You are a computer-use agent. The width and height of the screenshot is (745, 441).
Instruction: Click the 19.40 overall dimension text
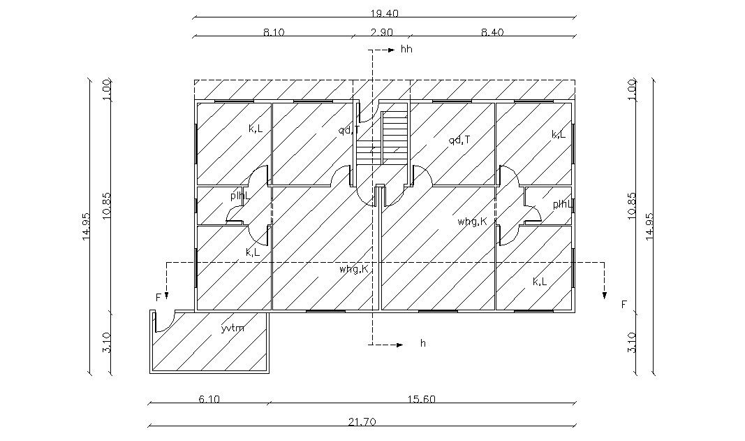tap(385, 13)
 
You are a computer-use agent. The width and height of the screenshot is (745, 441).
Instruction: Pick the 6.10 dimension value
tap(209, 399)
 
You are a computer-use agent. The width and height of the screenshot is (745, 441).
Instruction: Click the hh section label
tap(406, 50)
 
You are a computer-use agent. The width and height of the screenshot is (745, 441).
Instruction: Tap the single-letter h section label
tap(422, 344)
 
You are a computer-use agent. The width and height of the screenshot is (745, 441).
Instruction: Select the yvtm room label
tap(233, 328)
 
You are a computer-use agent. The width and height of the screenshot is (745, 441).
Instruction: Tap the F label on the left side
tap(158, 298)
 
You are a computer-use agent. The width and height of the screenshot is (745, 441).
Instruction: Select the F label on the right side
tap(624, 304)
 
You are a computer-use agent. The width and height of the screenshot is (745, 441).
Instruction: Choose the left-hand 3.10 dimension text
tap(106, 342)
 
